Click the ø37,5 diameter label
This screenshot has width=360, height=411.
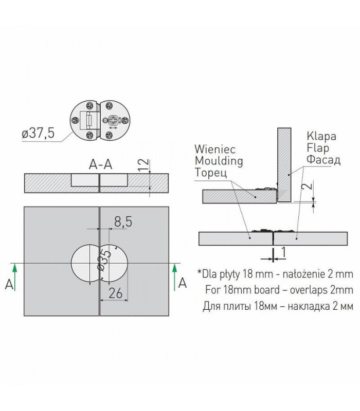click(38, 133)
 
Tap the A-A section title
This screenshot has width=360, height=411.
click(101, 164)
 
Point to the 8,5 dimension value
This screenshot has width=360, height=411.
click(123, 222)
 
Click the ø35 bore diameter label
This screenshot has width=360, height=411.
click(104, 260)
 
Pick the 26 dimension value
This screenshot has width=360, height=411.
click(115, 293)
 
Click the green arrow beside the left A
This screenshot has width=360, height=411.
click(15, 277)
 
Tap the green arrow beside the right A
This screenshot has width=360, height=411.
click(174, 277)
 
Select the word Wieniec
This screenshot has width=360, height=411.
click(215, 150)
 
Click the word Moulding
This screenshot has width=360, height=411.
click(219, 161)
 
